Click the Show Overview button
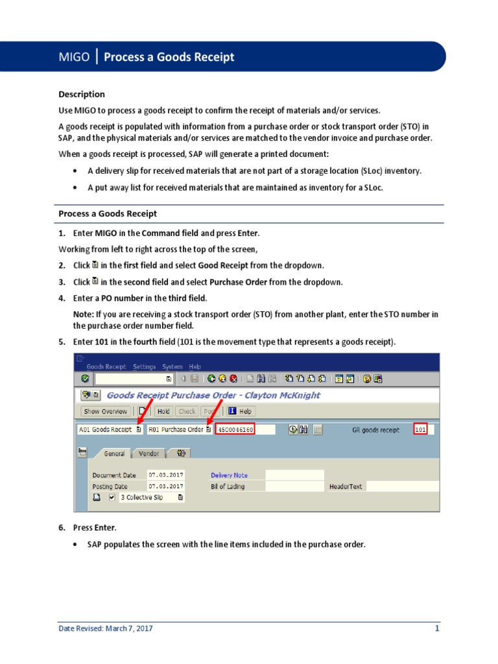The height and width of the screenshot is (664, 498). click(x=106, y=411)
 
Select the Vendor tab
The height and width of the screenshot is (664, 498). click(x=148, y=454)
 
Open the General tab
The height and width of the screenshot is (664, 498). click(x=114, y=454)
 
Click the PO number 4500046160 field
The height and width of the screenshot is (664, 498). click(x=236, y=429)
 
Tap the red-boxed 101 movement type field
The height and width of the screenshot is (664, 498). click(x=420, y=429)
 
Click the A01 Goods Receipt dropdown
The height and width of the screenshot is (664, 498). click(x=110, y=429)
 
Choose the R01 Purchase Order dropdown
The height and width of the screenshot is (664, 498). click(x=179, y=429)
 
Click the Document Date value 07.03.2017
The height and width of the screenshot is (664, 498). click(x=165, y=475)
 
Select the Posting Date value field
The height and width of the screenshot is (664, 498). click(x=165, y=486)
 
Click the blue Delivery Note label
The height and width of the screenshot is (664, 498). click(x=229, y=475)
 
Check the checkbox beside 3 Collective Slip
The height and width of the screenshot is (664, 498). click(x=112, y=497)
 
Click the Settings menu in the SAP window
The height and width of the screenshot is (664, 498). click(x=144, y=366)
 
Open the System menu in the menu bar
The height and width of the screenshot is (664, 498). click(x=172, y=366)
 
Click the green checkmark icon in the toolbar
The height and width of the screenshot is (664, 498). click(x=85, y=379)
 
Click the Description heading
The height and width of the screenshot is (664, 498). click(x=82, y=94)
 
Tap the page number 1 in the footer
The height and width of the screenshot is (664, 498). click(x=437, y=628)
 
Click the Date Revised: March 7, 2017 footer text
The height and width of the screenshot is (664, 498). click(x=106, y=628)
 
